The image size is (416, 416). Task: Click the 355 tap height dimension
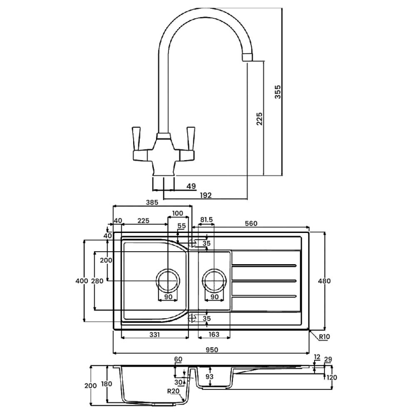(x=278, y=92)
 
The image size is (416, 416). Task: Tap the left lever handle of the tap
(x=137, y=138)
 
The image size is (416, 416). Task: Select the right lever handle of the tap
(x=190, y=138)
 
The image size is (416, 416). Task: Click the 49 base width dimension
(x=191, y=186)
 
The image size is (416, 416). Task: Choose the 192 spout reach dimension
(x=205, y=196)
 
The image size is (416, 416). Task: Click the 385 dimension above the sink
(x=152, y=202)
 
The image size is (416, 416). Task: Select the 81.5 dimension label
(x=206, y=219)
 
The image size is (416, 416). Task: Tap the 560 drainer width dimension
(x=251, y=224)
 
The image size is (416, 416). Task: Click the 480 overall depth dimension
(x=324, y=281)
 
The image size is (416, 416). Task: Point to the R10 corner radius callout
(x=324, y=336)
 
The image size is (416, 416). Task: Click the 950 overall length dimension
(x=212, y=349)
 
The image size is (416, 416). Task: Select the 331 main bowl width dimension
(x=154, y=334)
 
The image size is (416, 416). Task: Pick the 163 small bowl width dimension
(x=214, y=334)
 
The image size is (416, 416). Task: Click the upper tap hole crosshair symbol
(x=192, y=243)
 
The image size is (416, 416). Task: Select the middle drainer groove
(x=264, y=281)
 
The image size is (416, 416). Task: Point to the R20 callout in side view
(x=173, y=391)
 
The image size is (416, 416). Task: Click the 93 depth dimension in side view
(x=210, y=376)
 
